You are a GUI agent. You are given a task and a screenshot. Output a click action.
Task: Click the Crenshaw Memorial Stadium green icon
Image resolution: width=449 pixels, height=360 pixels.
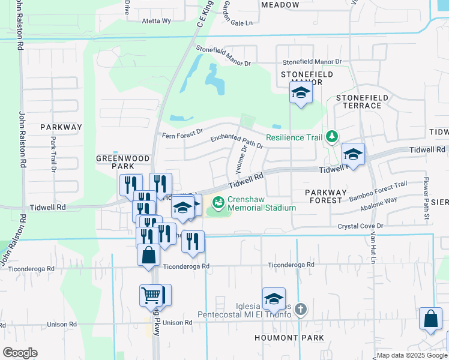218,203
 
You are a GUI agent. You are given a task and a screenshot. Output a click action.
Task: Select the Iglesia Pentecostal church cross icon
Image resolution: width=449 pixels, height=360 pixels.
301,310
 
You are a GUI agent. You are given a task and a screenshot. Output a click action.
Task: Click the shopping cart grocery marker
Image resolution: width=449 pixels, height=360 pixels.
151,295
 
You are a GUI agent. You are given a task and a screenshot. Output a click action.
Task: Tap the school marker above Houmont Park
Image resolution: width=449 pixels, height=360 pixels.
274,299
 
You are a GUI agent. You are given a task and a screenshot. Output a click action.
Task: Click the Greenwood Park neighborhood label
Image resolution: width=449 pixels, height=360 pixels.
123,162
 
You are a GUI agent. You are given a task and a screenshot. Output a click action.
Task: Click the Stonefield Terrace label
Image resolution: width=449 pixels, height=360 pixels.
359,101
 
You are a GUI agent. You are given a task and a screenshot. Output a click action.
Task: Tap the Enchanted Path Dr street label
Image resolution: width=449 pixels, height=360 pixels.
237,140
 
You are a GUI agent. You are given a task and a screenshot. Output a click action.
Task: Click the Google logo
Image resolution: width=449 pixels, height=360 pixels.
20,353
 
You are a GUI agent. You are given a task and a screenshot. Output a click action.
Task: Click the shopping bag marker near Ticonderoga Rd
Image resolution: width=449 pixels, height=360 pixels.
148,255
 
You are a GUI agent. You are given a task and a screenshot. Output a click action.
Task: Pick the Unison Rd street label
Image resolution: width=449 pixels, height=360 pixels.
176,323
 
